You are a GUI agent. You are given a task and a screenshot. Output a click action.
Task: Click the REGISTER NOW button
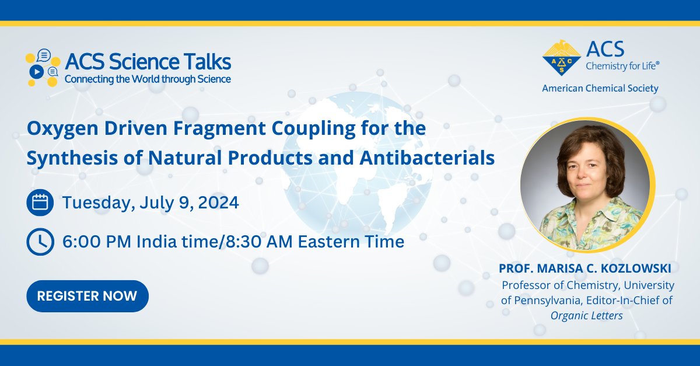(x=87, y=295)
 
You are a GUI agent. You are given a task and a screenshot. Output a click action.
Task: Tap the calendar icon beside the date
(x=40, y=203)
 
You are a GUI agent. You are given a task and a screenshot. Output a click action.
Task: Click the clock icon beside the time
(x=40, y=241)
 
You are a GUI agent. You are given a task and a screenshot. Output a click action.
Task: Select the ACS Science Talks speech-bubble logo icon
(x=43, y=68)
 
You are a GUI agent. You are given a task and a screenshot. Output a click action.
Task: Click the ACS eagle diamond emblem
(x=562, y=58)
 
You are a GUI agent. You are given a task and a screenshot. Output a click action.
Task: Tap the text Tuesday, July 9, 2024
(x=150, y=203)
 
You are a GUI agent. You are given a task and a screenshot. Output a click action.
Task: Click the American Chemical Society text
(x=600, y=89)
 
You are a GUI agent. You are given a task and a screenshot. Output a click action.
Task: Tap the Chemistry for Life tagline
(x=623, y=67)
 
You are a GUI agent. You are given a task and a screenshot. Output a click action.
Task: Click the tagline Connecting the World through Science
(x=148, y=79)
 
